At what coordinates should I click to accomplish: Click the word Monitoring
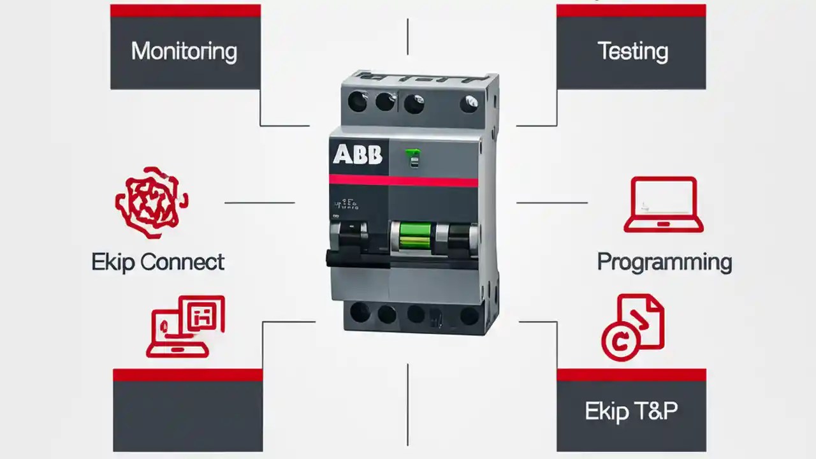pos(184,52)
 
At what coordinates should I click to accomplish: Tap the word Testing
pos(632,52)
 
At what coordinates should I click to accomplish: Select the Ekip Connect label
pos(157,262)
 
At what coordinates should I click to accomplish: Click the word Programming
pos(664,262)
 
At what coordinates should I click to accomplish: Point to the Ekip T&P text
pos(631,411)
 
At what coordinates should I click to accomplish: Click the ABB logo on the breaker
pos(358,154)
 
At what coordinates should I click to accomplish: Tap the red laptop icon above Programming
pos(663,204)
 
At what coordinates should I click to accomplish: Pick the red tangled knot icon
pos(151,202)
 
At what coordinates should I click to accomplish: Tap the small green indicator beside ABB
pos(413,157)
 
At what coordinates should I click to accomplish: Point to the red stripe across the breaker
pos(403,180)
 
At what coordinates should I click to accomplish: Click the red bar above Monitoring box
pos(185,11)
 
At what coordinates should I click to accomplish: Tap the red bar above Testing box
pos(631,11)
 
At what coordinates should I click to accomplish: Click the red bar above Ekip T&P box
pos(631,375)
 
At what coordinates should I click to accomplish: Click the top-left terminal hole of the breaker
pos(357,102)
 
